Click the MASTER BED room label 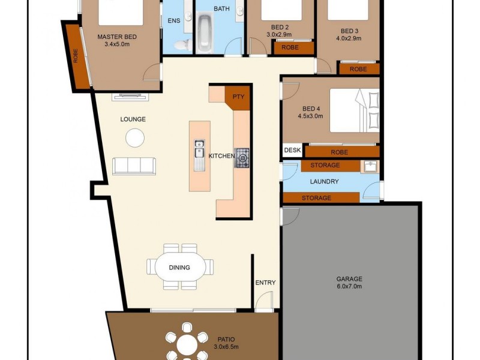pyautogui.click(x=117, y=37)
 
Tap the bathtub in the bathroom pyautogui.click(x=205, y=32)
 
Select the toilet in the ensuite pyautogui.click(x=183, y=44)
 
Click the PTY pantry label pyautogui.click(x=238, y=97)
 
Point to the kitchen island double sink pyautogui.click(x=200, y=155)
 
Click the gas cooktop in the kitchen pyautogui.click(x=242, y=158)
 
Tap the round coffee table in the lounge pyautogui.click(x=134, y=138)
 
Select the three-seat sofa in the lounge pyautogui.click(x=134, y=166)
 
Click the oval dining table pyautogui.click(x=179, y=267)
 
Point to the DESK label pyautogui.click(x=292, y=150)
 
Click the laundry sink pyautogui.click(x=371, y=167)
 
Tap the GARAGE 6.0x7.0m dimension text pyautogui.click(x=349, y=287)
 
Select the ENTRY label pyautogui.click(x=265, y=283)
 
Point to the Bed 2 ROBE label pyautogui.click(x=290, y=47)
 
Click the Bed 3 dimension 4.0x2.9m pyautogui.click(x=349, y=38)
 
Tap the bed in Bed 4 pyautogui.click(x=355, y=110)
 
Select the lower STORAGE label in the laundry pyautogui.click(x=316, y=198)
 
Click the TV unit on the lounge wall pyautogui.click(x=131, y=97)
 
